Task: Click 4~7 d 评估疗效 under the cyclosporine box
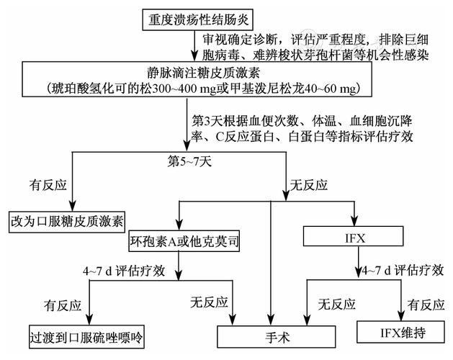coord(125,271)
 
